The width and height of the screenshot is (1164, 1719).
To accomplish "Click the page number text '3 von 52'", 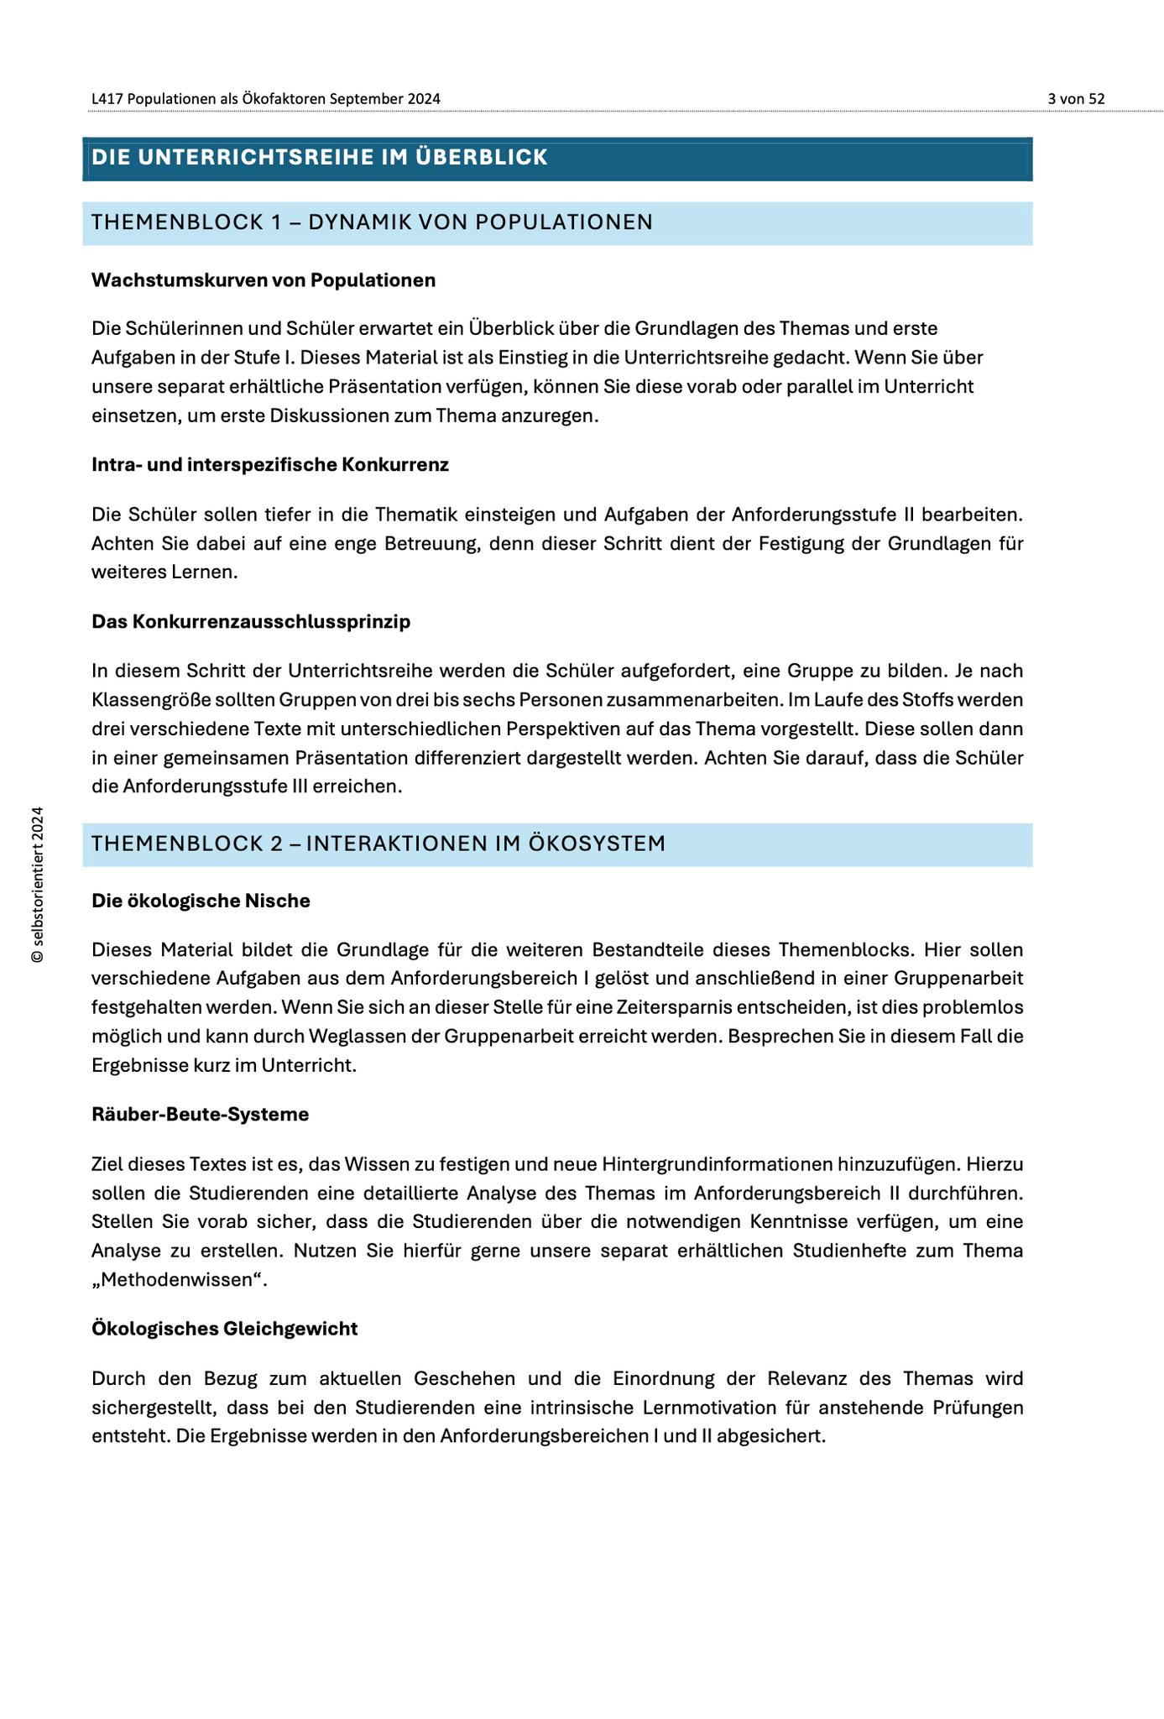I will tap(1076, 99).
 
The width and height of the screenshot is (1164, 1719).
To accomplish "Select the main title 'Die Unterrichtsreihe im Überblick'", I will tap(320, 158).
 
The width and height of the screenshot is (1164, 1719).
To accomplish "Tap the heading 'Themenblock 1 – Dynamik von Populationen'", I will tap(372, 222).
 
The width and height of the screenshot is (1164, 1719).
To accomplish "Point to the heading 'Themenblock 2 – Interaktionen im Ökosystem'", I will tap(378, 844).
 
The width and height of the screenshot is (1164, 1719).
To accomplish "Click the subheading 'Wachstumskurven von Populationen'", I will tap(264, 280).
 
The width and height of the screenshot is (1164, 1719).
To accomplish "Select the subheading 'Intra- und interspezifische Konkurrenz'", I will tap(270, 465).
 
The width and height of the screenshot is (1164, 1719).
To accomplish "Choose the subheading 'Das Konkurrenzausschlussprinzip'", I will tap(251, 622).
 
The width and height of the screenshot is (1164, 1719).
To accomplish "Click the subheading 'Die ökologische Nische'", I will tap(201, 901).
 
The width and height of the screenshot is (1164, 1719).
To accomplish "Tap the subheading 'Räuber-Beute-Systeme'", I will tap(201, 1115).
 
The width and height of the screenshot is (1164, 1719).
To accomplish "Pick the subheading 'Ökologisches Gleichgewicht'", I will tap(225, 1329).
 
